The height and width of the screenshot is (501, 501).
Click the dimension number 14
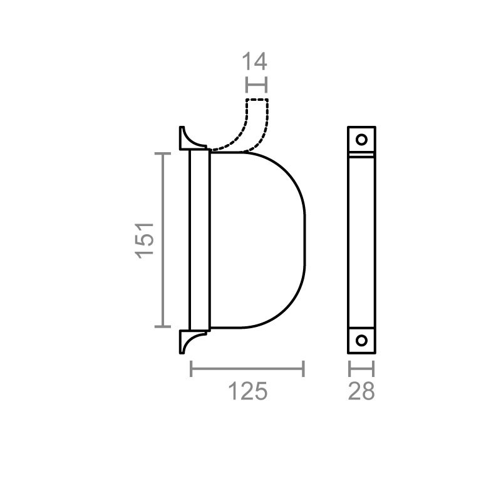(256, 61)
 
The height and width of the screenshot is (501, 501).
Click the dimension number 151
(145, 239)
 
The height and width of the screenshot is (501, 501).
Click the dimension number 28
(361, 391)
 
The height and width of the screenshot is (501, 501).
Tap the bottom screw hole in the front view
(361, 340)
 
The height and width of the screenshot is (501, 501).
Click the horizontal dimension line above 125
(247, 369)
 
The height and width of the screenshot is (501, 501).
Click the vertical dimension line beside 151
(163, 239)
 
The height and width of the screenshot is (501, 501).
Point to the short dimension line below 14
(257, 85)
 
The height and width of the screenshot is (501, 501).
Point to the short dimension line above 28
(361, 369)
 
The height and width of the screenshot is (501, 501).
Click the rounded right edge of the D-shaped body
(304, 239)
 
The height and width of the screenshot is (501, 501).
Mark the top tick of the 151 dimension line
(163, 153)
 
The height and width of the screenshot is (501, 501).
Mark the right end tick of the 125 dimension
(304, 369)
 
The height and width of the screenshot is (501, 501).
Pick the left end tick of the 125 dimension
(191, 369)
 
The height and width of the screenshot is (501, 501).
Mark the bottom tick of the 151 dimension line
(163, 326)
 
